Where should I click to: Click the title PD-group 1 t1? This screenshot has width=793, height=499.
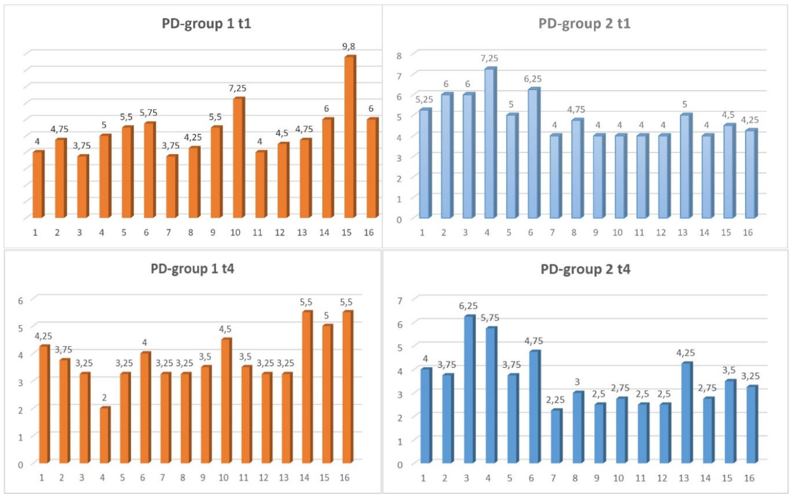tap(206, 24)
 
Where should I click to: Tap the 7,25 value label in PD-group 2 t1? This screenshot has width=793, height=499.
tap(489, 59)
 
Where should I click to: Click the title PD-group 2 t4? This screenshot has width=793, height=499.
tap(585, 269)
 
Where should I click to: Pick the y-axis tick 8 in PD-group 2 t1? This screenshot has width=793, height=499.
tap(399, 56)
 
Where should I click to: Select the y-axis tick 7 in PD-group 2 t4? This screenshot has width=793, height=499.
tap(400, 300)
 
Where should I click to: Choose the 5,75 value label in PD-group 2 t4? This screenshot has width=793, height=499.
tap(490, 318)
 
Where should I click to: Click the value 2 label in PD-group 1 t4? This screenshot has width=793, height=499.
tap(104, 398)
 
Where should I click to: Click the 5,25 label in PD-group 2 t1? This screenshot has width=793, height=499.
tap(424, 99)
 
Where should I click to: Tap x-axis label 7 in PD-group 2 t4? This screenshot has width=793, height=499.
tap(553, 478)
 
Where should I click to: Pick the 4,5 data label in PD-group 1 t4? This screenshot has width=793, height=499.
tap(225, 329)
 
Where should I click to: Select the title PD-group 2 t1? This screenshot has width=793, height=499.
tap(584, 24)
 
